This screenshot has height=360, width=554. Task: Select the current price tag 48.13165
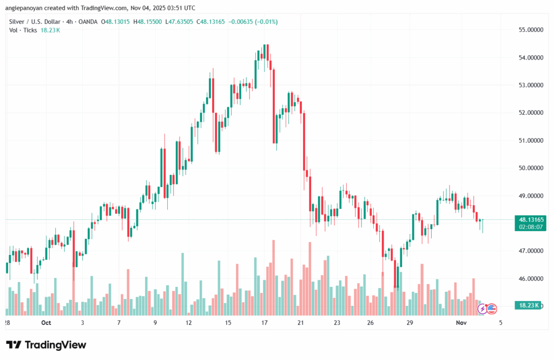tap(530, 220)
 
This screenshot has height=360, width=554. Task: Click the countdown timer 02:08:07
tap(530, 227)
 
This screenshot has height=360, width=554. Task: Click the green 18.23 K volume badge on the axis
tap(529, 306)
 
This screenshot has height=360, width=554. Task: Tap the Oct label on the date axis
tap(45, 323)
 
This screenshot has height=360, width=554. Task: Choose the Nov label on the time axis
tap(460, 323)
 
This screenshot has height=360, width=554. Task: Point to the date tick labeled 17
tap(264, 323)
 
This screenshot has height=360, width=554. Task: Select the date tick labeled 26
tap(371, 323)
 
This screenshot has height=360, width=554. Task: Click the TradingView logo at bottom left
tap(46, 345)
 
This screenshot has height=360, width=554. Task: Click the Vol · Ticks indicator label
tap(23, 30)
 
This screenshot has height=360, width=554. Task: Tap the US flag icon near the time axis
tap(491, 309)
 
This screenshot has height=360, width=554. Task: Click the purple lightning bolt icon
tap(482, 309)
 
